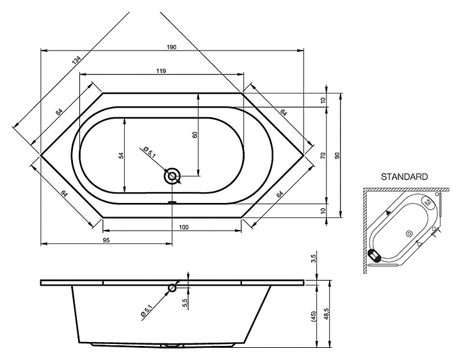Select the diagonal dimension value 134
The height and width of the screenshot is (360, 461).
[77, 60]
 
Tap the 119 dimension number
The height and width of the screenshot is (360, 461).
[161, 72]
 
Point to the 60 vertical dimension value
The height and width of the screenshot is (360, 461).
[194, 135]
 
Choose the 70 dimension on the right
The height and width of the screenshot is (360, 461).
[323, 155]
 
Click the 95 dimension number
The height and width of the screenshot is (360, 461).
[106, 240]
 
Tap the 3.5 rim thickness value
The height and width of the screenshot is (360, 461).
[313, 259]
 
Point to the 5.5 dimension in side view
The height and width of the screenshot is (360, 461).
[184, 303]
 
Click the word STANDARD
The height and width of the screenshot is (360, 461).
[405, 176]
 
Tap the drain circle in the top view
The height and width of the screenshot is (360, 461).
[173, 176]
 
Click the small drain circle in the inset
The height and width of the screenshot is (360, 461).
[408, 234]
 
